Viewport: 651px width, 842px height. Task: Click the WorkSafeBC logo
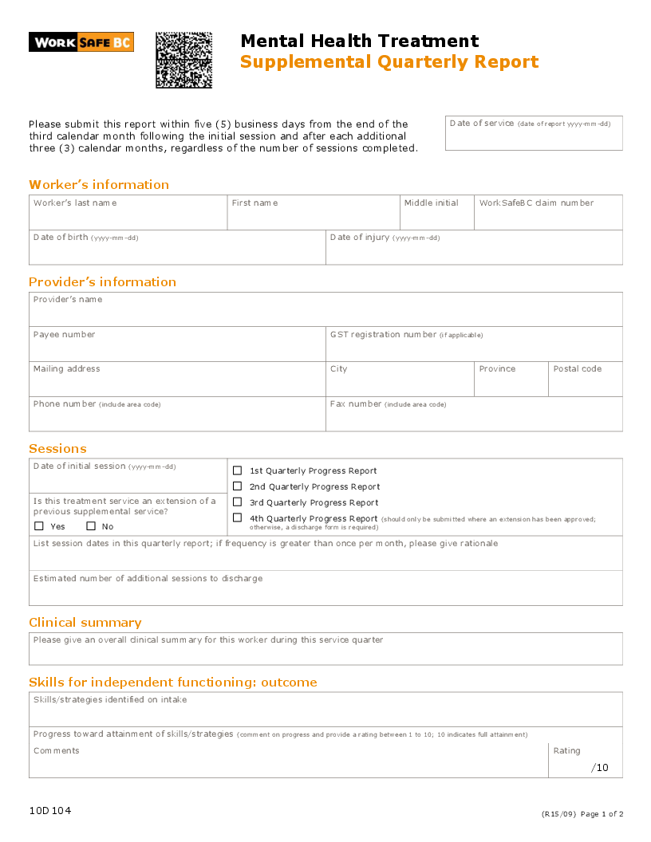[x=81, y=42]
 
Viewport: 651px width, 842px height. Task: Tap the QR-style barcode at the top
[x=183, y=60]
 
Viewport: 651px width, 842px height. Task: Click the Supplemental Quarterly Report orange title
[x=389, y=62]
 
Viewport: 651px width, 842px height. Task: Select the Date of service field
[x=534, y=137]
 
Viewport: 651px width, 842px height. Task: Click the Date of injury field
[x=474, y=252]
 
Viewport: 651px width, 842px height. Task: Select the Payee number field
[x=177, y=348]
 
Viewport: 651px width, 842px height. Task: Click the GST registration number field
[x=474, y=348]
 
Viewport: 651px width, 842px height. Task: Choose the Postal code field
[x=585, y=384]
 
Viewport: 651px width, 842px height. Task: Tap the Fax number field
[x=474, y=418]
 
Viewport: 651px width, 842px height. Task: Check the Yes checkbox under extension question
[x=39, y=526]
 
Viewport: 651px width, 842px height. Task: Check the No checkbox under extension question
[x=91, y=526]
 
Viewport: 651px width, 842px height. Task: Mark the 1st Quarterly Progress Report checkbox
[x=237, y=470]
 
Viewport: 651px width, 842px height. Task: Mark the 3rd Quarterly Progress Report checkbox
[x=237, y=502]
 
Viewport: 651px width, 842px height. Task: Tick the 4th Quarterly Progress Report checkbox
[x=237, y=517]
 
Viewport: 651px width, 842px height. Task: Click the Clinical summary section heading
[x=85, y=623]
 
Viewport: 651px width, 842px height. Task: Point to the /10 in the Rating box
[x=599, y=768]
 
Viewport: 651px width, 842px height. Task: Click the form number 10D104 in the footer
[x=50, y=811]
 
